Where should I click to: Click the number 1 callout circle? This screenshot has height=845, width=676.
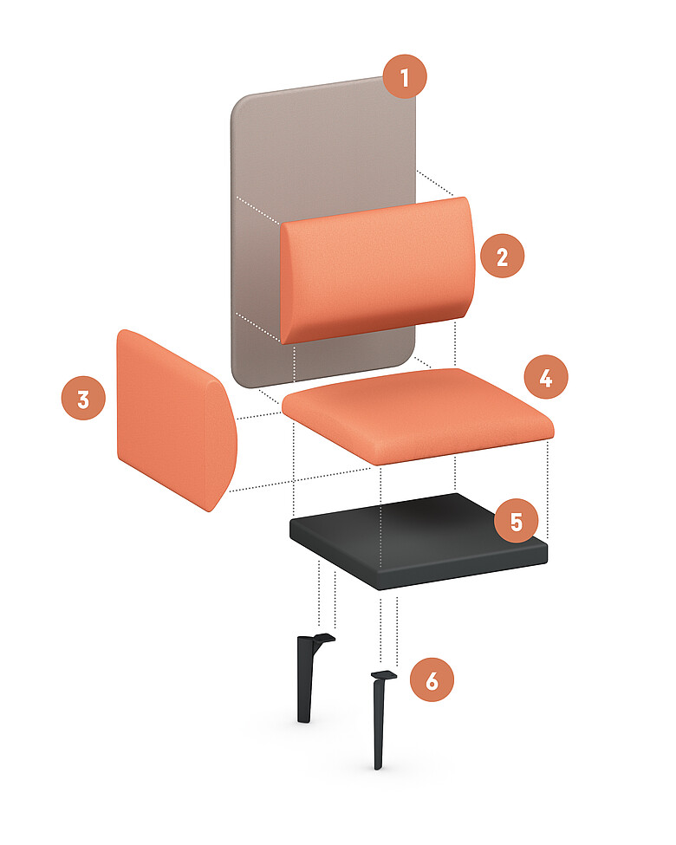coord(405,77)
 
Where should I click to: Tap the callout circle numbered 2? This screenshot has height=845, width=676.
coord(502,256)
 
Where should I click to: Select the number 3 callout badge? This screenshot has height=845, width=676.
coord(83,399)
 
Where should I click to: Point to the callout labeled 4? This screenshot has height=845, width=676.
coord(546,377)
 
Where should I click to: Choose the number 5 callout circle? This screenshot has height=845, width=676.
coord(517,521)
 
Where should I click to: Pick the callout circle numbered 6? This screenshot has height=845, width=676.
coord(432,679)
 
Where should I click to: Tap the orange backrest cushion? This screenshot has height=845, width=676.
coord(377,270)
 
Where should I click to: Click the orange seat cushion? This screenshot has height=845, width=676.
coord(418,415)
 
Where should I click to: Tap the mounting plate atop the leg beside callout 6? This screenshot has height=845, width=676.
coord(384,675)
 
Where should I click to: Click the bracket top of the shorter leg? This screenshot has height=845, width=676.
coord(322,639)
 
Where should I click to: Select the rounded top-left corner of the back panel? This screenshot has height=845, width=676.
coord(240,105)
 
